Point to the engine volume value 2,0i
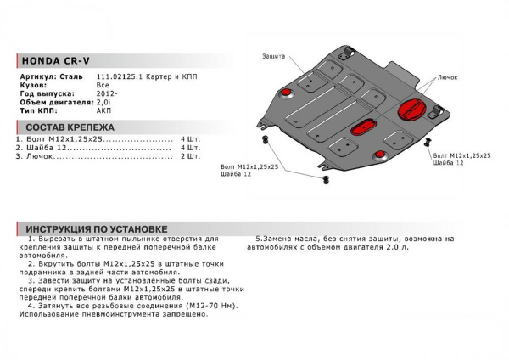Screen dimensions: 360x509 [102, 101]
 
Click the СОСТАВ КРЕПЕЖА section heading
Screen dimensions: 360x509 [70, 127]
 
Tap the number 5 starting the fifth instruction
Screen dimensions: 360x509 [257, 239]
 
